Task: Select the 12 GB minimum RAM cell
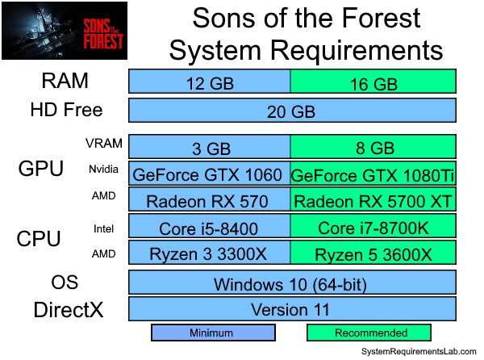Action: point(210,82)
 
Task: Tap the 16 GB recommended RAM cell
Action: point(373,82)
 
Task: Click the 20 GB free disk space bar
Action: point(292,111)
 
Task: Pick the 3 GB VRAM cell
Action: point(210,147)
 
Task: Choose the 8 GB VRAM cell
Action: point(373,147)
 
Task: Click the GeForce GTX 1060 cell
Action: point(210,174)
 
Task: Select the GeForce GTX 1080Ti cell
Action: point(373,174)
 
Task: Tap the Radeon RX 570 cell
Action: point(210,200)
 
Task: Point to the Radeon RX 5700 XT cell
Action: point(373,200)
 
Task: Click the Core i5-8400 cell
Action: point(210,228)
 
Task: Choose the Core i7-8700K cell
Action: point(373,228)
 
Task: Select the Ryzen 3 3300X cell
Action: point(210,254)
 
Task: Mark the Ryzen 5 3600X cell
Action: point(373,254)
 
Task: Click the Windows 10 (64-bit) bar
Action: point(292,283)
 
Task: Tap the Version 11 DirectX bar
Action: point(292,309)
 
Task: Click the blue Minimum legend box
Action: point(214,333)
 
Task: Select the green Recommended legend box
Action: point(369,333)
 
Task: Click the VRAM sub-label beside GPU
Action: point(104,144)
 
